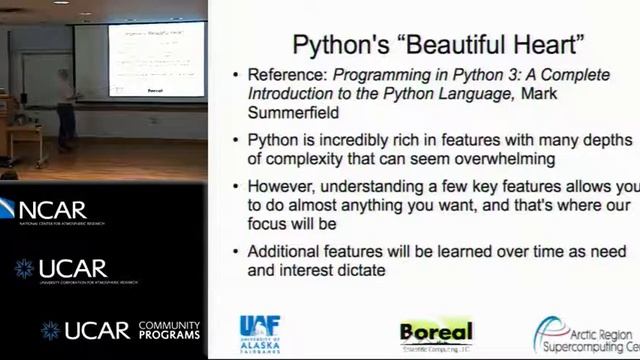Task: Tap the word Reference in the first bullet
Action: (x=285, y=76)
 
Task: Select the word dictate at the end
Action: (x=356, y=270)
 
